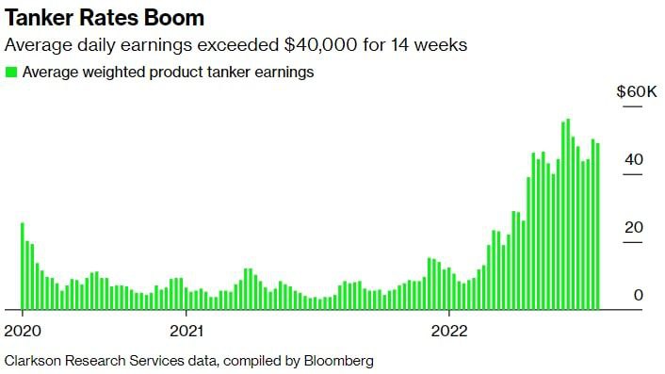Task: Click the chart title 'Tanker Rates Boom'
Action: pos(105,18)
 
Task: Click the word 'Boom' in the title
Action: pos(174,18)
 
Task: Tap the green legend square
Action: pos(11,72)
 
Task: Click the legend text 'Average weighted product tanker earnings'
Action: pos(168,72)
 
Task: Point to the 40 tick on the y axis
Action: pos(633,160)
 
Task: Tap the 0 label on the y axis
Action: pos(638,296)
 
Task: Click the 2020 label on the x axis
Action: pos(22,331)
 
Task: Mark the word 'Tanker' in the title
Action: pos(39,18)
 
